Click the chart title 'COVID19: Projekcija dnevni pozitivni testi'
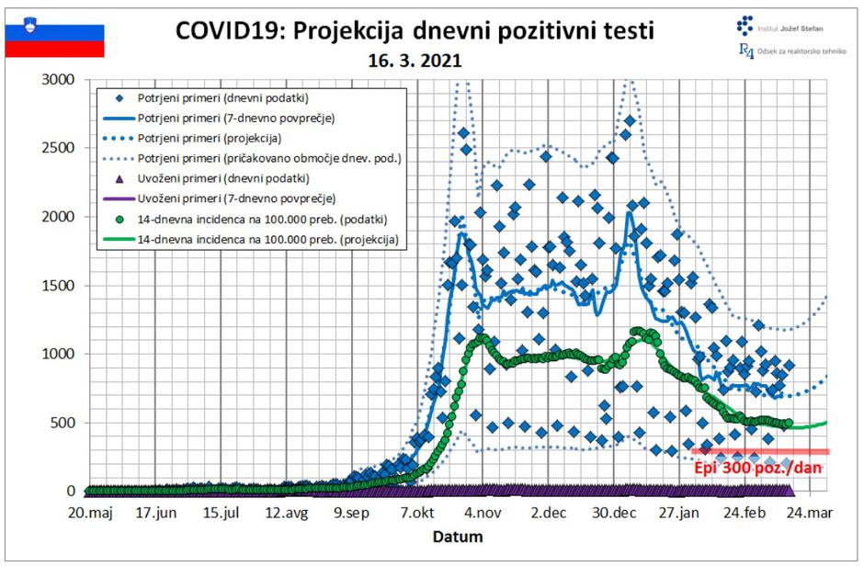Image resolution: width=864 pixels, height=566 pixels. (415, 30)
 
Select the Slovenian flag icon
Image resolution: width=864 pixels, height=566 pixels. (54, 40)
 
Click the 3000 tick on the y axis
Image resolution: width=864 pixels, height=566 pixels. (63, 80)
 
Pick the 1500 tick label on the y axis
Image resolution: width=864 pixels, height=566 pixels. (63, 286)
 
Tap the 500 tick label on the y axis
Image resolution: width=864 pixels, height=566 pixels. (67, 423)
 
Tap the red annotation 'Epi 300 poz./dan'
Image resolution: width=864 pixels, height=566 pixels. (756, 467)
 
